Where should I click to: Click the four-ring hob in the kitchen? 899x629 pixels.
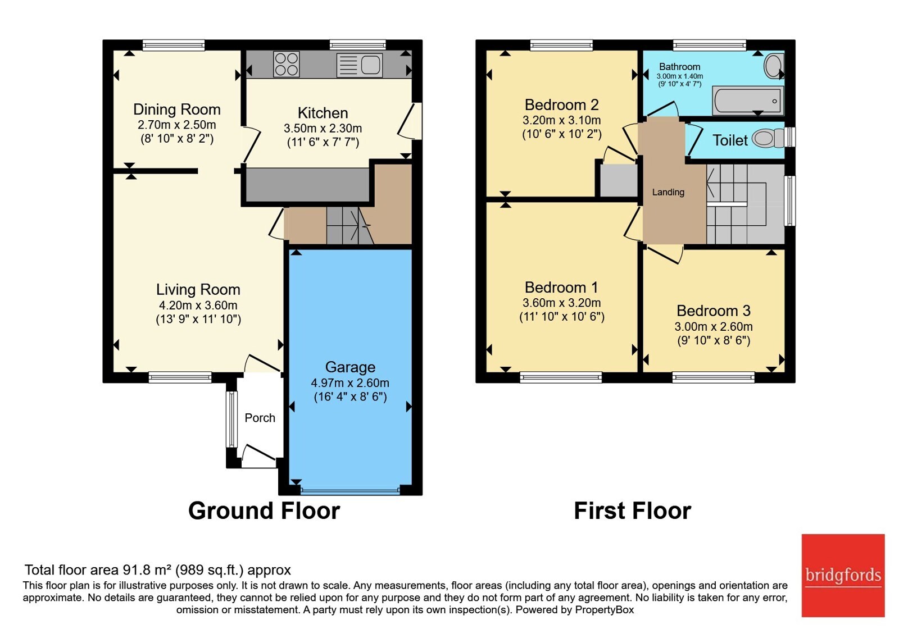click(x=286, y=64)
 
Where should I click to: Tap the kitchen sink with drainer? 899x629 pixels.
click(x=359, y=65)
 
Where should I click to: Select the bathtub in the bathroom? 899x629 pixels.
click(x=748, y=101)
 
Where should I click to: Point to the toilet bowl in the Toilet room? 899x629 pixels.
click(x=768, y=138)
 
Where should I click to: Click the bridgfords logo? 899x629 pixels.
click(x=843, y=575)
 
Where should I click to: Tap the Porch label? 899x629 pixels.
click(x=260, y=418)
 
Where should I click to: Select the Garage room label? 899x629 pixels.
click(x=350, y=367)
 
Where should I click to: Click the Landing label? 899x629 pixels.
click(x=668, y=192)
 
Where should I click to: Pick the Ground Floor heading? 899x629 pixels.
click(x=264, y=511)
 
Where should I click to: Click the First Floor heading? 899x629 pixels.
click(x=633, y=511)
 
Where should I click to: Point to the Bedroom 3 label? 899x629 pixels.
click(x=714, y=311)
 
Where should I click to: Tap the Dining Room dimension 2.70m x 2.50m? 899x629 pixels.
click(x=177, y=125)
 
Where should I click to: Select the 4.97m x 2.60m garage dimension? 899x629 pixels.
click(x=350, y=382)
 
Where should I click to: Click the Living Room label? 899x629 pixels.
click(x=198, y=290)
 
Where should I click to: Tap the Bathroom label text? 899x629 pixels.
click(x=679, y=67)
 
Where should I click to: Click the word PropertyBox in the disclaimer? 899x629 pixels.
click(x=605, y=610)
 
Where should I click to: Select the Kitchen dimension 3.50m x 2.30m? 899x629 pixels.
click(x=323, y=129)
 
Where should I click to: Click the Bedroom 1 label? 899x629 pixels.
click(x=561, y=287)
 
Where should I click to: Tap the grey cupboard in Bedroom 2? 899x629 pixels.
click(x=619, y=180)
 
